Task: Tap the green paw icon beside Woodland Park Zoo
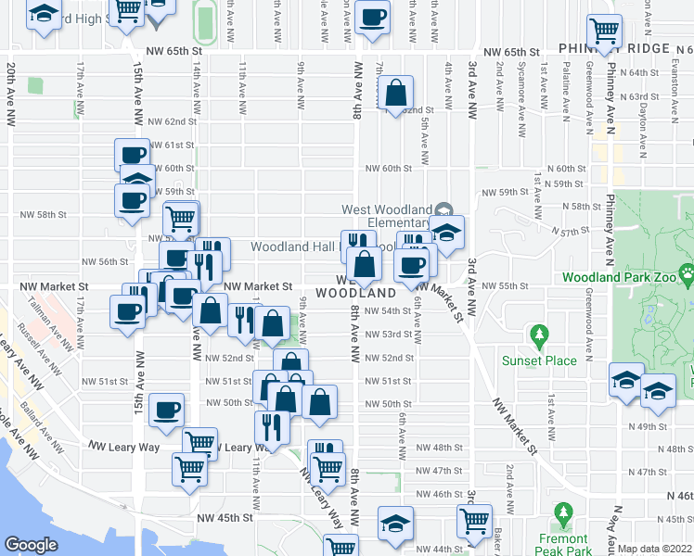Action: coord(685,275)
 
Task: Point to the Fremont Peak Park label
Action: coord(562,545)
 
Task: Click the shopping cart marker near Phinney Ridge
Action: coord(604,32)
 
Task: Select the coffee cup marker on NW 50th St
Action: coord(167,410)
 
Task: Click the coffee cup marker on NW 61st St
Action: coord(132,155)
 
